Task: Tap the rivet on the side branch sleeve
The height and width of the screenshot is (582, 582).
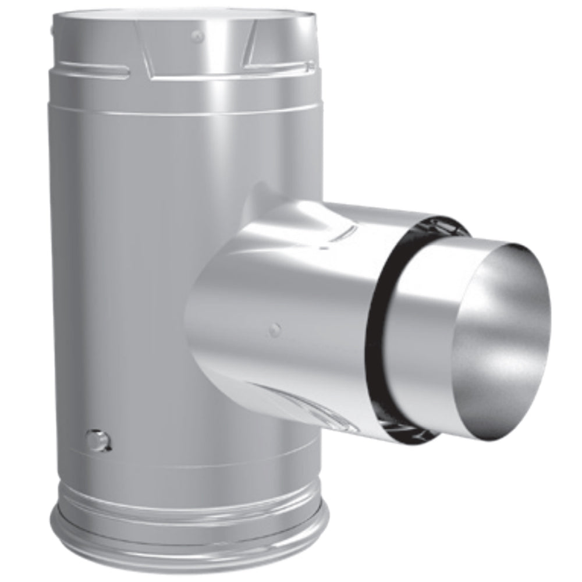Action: click(x=275, y=330)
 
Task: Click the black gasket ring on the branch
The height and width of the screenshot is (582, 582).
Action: click(x=372, y=326)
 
